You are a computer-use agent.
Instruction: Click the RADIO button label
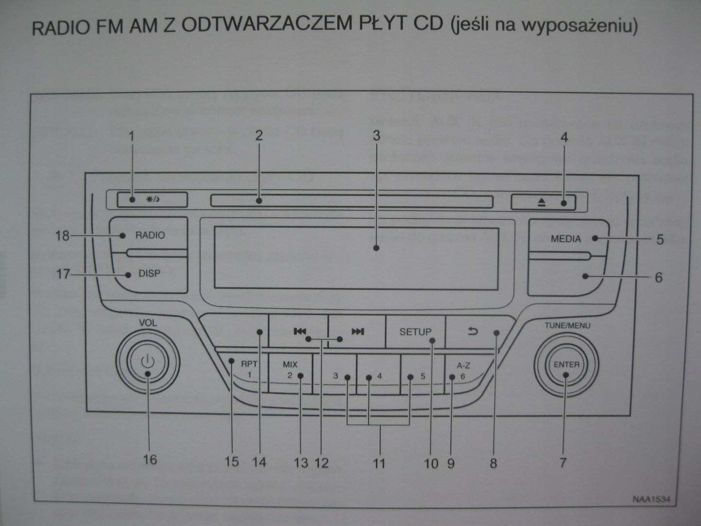point(150,235)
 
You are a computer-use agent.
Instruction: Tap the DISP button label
point(149,274)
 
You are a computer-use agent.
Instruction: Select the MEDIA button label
point(566,239)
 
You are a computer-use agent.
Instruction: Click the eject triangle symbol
point(542,203)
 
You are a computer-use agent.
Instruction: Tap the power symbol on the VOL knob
point(148,361)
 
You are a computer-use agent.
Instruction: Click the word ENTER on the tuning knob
point(566,364)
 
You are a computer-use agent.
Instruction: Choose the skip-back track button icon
point(300,332)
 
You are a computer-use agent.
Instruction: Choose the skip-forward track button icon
point(358,332)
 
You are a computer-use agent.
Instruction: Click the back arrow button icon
point(473,332)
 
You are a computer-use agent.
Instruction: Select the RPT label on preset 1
point(249,364)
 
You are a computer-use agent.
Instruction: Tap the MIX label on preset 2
point(290,364)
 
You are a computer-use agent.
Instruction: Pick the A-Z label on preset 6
point(463,365)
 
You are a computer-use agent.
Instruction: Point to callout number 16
point(149,459)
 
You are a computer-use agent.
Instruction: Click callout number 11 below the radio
point(379,463)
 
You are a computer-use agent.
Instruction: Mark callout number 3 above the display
point(376,135)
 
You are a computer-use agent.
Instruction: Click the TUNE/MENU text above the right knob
point(567,325)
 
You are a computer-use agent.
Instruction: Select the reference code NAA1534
point(651,499)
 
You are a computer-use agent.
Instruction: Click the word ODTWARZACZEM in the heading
point(266,25)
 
